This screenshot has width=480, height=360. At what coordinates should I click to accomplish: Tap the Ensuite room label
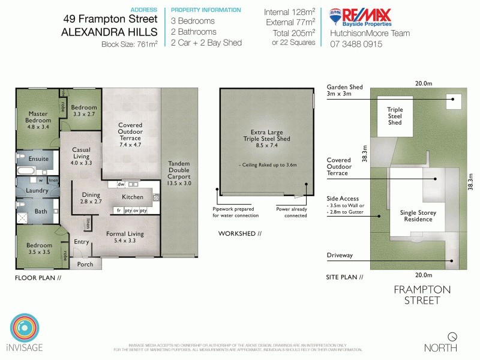[38, 158]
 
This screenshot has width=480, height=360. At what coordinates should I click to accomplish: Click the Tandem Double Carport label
[179, 172]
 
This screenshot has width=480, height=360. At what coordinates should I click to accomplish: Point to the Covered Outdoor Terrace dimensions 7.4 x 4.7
[130, 145]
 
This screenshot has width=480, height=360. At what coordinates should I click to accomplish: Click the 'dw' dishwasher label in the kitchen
[121, 185]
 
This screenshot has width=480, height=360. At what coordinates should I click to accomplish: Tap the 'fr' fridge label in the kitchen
[119, 211]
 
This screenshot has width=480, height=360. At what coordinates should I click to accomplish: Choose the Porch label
[86, 264]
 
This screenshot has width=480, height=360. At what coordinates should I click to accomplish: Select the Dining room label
[91, 194]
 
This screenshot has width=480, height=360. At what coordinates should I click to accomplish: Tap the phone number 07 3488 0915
[356, 44]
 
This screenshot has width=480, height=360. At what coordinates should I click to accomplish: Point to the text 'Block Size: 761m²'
[129, 44]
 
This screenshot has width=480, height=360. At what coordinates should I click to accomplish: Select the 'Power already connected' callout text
[292, 212]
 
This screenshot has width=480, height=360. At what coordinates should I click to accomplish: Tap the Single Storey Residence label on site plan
[418, 216]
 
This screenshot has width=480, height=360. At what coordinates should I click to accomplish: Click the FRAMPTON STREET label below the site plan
[422, 295]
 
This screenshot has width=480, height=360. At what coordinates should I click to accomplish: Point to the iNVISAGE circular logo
[26, 329]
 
